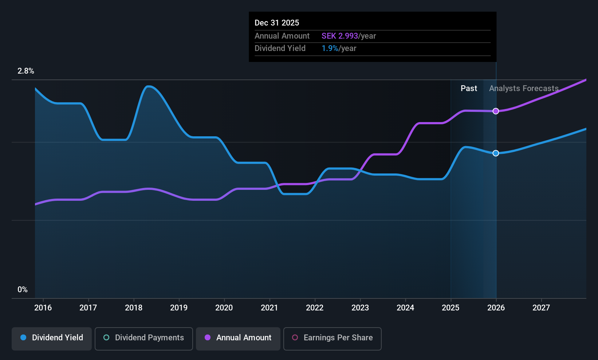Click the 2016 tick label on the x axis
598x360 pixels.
(43, 308)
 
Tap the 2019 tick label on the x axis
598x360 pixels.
(179, 308)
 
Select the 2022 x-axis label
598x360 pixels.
(315, 308)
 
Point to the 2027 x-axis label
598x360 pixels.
(541, 308)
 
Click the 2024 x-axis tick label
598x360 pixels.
(405, 308)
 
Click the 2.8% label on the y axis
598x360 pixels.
(26, 71)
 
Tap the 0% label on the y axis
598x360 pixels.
(23, 290)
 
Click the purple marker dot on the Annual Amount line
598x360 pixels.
(496, 111)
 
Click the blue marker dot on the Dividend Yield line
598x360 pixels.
(496, 153)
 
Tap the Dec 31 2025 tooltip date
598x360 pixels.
(277, 23)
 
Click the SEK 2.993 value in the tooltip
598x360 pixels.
(340, 36)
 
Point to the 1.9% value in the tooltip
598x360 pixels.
(330, 48)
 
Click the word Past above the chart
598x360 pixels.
(469, 89)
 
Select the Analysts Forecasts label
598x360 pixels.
(524, 89)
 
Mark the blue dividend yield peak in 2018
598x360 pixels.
(148, 86)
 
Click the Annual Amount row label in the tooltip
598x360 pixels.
(282, 36)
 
